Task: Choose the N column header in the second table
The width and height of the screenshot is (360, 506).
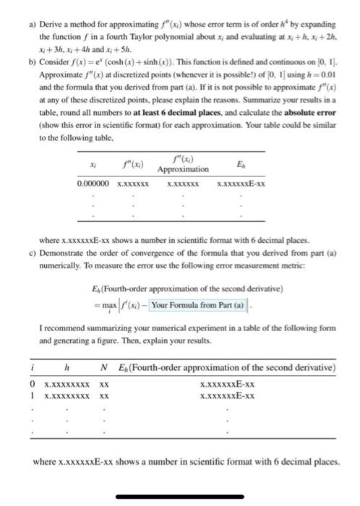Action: (x=104, y=369)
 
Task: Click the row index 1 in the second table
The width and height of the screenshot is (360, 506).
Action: (x=33, y=397)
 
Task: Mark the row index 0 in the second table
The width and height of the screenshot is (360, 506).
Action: (x=33, y=385)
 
